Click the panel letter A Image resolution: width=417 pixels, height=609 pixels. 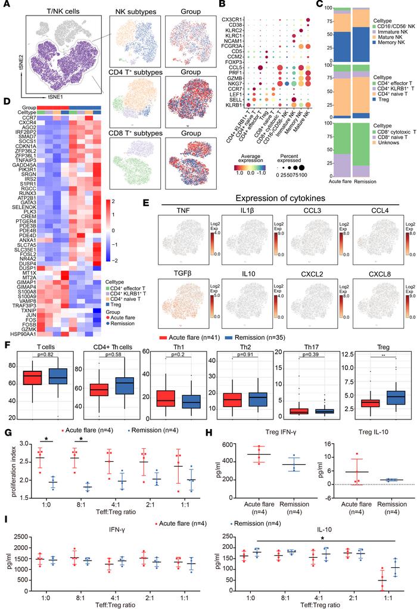[5, 5]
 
